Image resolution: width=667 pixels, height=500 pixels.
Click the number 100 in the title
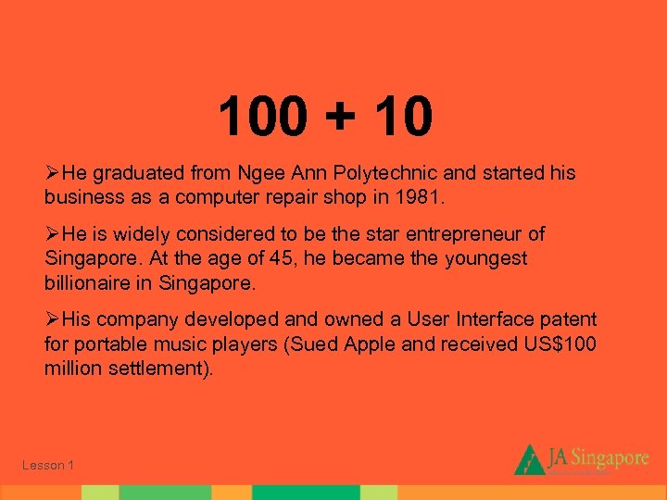click(x=262, y=117)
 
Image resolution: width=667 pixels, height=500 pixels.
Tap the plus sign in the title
click(x=339, y=118)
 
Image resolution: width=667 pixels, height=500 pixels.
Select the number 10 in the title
click(x=400, y=117)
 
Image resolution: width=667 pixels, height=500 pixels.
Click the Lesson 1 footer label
click(x=48, y=465)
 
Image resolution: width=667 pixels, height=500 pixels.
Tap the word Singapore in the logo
click(x=610, y=456)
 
